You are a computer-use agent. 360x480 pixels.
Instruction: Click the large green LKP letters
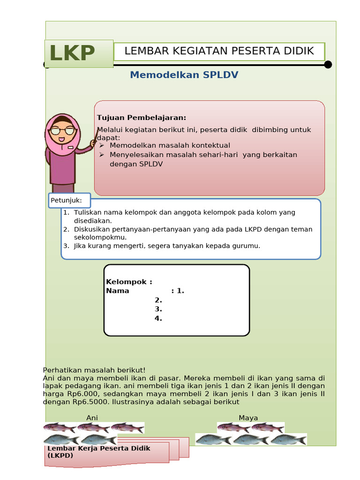click(x=72, y=53)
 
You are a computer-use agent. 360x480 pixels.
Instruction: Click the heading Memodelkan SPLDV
click(x=184, y=75)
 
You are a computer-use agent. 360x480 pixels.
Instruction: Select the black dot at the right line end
click(x=328, y=65)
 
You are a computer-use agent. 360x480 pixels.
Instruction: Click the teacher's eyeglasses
click(x=62, y=131)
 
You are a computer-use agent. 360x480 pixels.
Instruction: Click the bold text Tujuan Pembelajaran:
click(x=142, y=118)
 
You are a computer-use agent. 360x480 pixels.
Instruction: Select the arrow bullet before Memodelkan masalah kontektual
click(x=102, y=146)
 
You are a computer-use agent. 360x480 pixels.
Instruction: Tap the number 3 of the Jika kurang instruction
click(x=66, y=246)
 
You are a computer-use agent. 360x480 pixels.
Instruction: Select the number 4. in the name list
click(x=158, y=318)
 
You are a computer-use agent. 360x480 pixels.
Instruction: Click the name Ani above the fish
click(x=92, y=418)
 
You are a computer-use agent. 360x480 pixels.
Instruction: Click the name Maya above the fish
click(x=248, y=418)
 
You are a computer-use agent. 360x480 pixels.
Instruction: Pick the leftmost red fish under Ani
click(x=60, y=427)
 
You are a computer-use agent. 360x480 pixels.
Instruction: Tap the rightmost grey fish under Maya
click(x=289, y=440)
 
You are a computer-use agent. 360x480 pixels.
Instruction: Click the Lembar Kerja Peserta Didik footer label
click(x=98, y=451)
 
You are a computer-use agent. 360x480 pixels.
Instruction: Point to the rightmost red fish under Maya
click(x=268, y=427)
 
